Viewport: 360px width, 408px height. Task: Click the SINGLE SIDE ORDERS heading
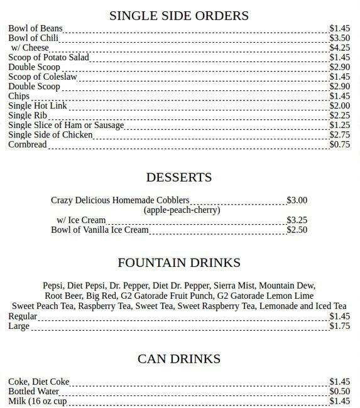point(179,16)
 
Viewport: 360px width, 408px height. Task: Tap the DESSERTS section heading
point(179,177)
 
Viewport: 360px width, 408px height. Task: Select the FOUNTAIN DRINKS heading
point(179,262)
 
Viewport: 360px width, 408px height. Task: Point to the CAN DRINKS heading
point(179,358)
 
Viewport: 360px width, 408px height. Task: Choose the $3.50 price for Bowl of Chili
point(339,38)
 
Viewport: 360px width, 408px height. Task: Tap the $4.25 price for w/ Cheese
point(339,48)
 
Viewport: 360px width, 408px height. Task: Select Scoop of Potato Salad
point(48,57)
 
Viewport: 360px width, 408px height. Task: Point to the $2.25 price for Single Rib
point(339,115)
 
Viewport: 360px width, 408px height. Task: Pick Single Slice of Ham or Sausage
point(66,125)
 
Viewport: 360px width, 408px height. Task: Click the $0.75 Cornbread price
point(339,144)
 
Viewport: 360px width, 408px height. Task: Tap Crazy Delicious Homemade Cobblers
point(120,200)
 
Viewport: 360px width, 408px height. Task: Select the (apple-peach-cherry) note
point(182,210)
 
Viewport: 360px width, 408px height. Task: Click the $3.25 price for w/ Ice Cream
point(297,220)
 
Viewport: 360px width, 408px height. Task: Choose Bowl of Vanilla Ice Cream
point(100,230)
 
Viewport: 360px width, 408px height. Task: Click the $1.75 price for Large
point(339,326)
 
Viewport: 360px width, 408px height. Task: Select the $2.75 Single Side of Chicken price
point(339,134)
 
